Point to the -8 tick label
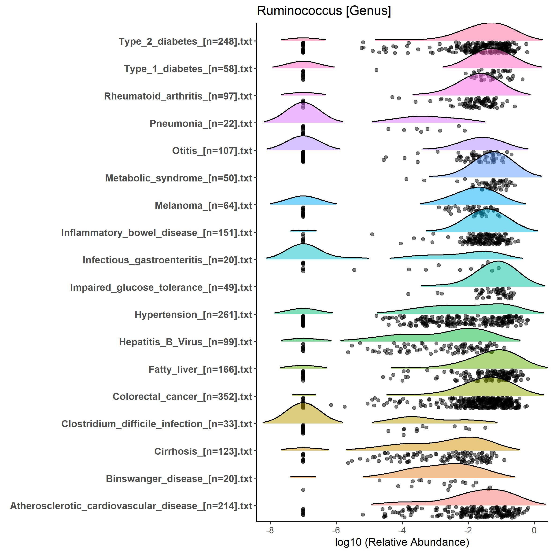270,530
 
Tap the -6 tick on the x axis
336,530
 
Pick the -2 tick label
468,530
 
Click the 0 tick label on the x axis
534,530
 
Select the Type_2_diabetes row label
185,41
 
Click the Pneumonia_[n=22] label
201,124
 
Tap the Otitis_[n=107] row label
212,151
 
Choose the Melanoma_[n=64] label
203,206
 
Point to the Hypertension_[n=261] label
193,315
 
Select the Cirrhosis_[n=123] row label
203,451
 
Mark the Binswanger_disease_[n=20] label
179,479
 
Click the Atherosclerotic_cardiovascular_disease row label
131,506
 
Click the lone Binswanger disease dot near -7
303,490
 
